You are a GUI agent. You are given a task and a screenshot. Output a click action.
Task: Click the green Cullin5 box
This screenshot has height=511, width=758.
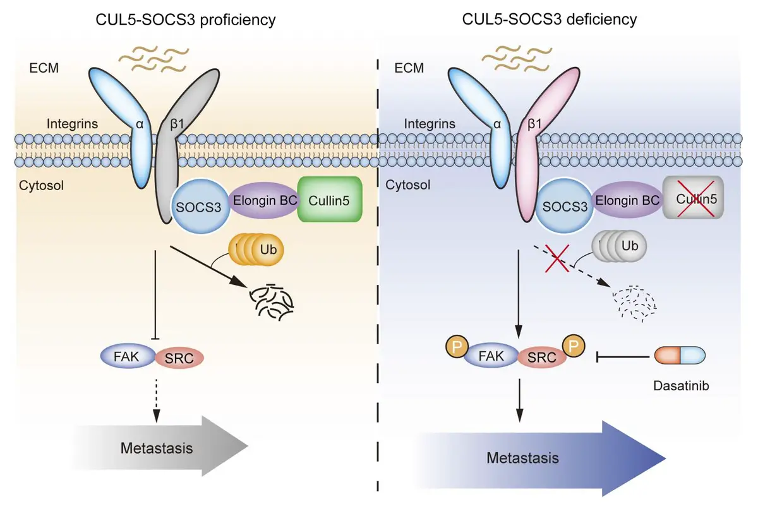pos(329,200)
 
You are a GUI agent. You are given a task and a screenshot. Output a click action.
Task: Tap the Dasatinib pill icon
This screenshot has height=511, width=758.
pos(679,356)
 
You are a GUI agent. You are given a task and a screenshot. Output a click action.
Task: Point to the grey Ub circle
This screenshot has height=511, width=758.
pos(630,246)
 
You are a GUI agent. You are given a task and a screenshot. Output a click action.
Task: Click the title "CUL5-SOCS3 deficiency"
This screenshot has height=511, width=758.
pos(550,20)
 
